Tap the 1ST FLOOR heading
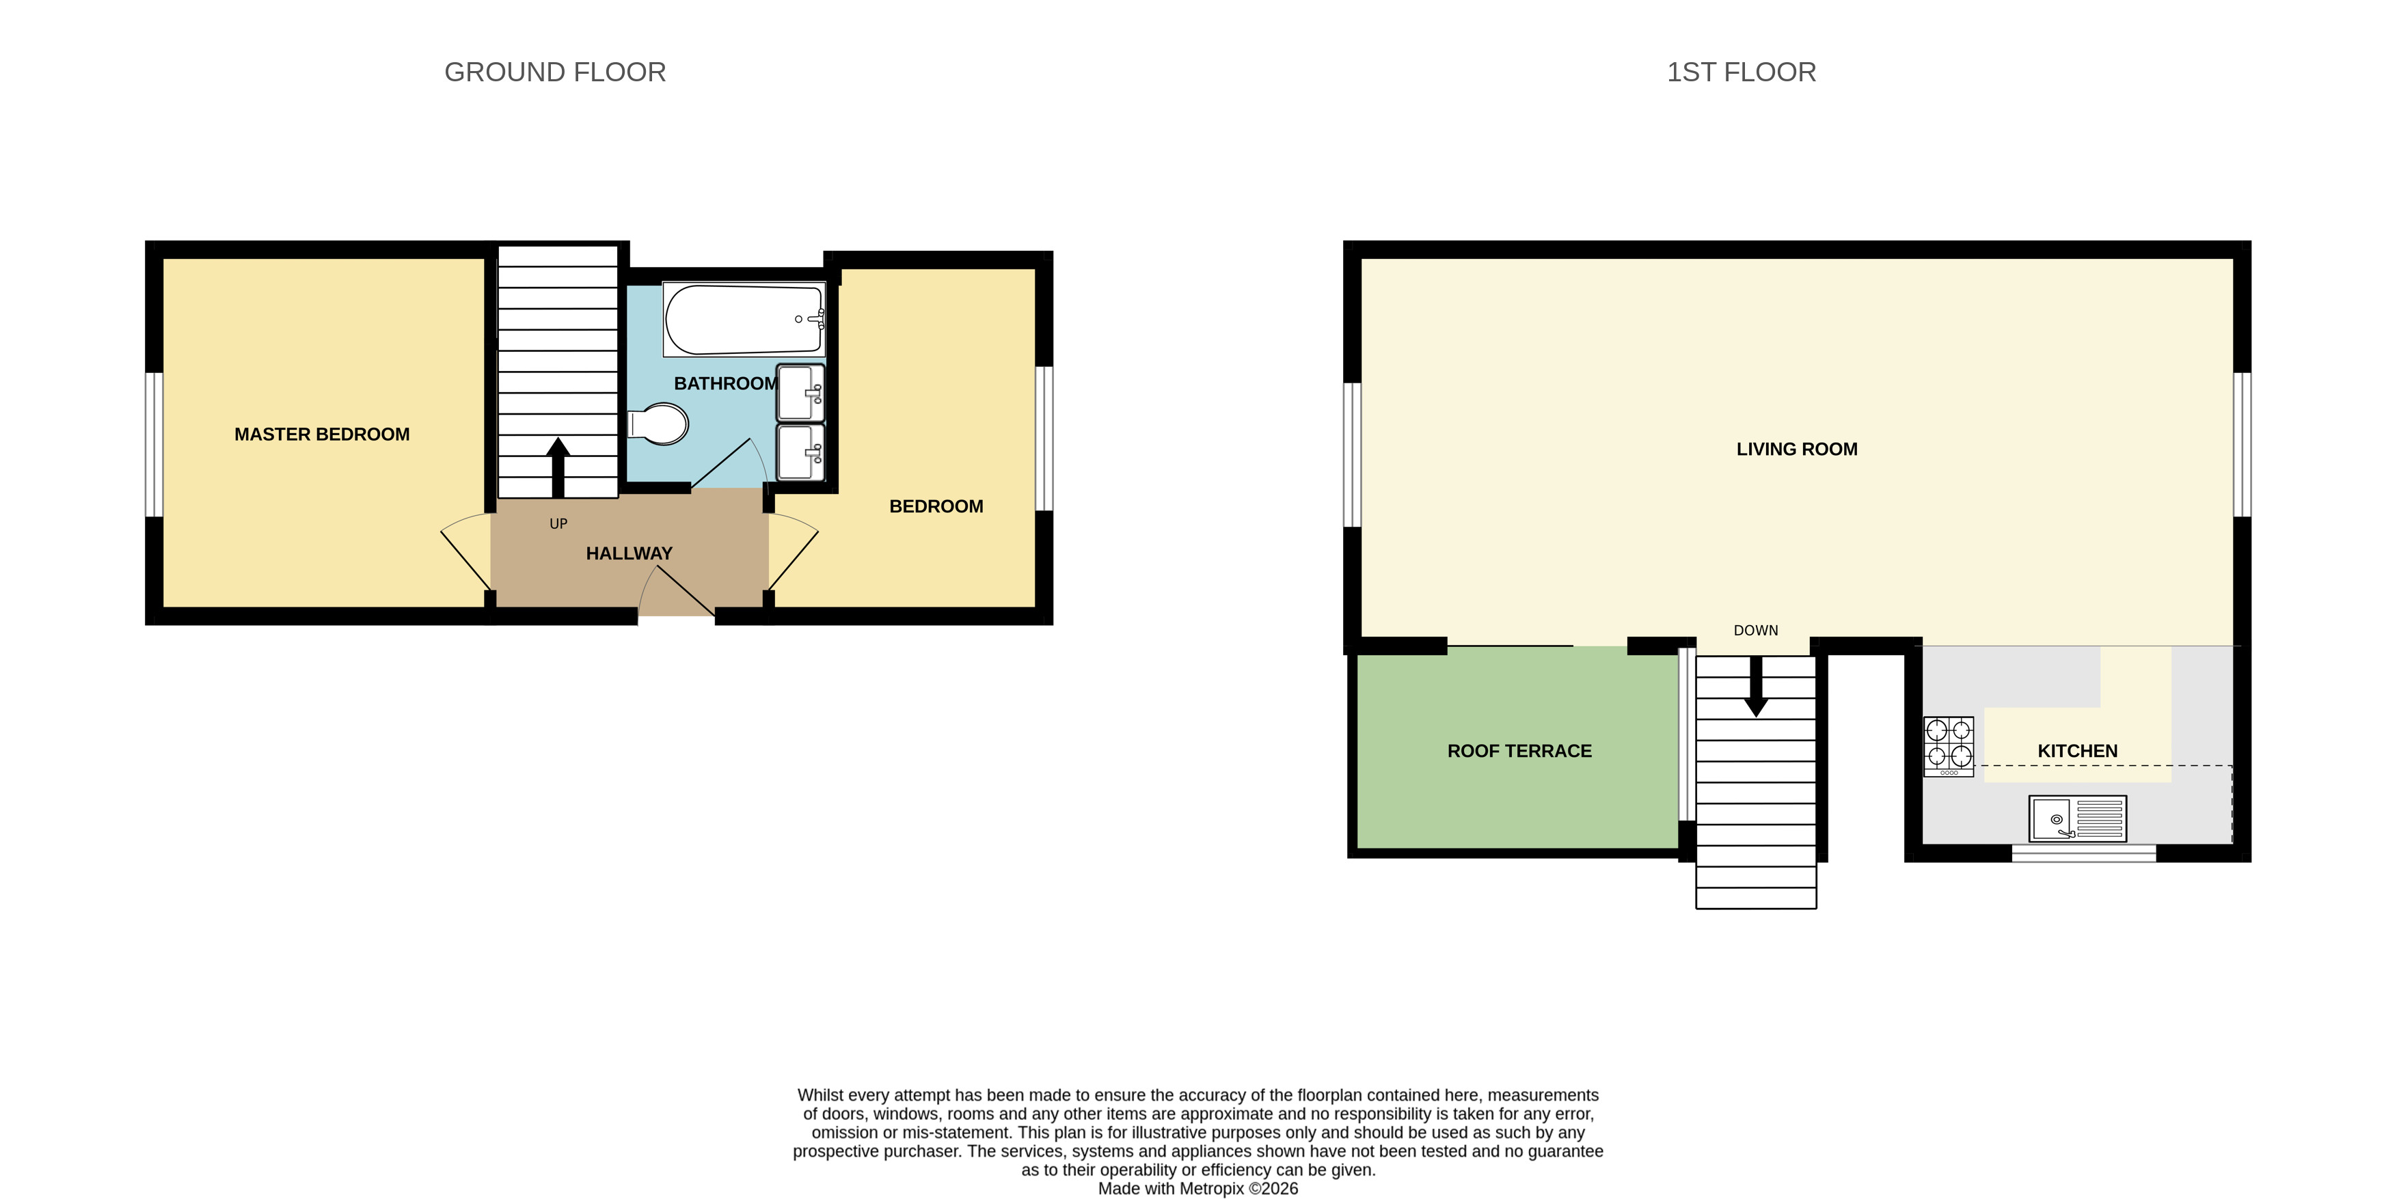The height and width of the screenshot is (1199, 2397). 1740,72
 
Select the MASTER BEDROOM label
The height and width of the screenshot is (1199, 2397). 322,435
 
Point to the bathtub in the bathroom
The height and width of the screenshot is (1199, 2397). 742,320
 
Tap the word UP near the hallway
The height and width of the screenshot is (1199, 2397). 558,524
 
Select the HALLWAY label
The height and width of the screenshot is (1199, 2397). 629,553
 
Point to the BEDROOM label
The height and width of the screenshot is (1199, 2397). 936,507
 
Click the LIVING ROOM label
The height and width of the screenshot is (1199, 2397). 1796,450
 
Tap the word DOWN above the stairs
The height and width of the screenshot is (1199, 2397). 1755,631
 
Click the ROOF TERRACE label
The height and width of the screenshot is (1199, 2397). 1519,751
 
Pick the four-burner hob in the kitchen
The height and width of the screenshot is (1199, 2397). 1949,745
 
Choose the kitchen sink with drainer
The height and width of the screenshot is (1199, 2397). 2077,818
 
